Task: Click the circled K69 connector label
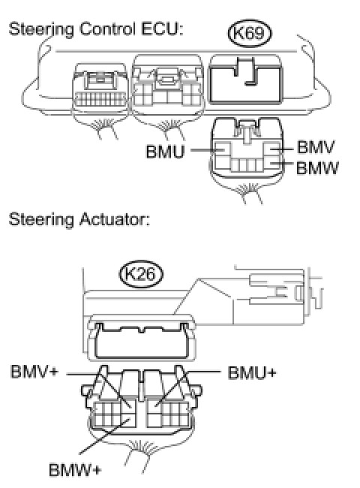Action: pos(250,33)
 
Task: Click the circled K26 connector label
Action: pos(141,274)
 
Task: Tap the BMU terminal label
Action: pos(166,152)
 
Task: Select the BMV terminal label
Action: pos(316,147)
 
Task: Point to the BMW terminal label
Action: pos(317,168)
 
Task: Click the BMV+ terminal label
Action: pos(34,372)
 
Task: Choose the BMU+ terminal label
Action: pos(252,372)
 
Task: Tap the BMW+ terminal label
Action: pos(75,470)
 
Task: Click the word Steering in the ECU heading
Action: pos(41,30)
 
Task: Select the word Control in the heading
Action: pos(107,29)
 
